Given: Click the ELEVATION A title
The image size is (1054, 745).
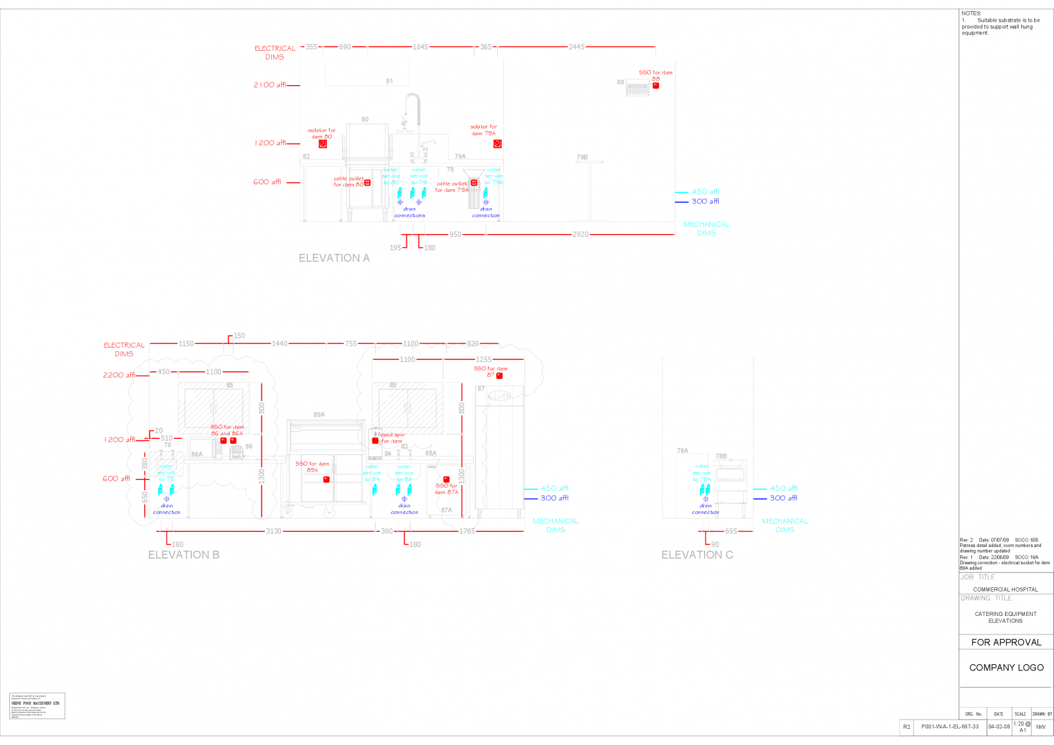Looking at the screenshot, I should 334,258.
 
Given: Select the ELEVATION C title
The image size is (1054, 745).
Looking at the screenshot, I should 697,555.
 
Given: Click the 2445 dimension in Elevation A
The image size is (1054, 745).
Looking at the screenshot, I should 576,47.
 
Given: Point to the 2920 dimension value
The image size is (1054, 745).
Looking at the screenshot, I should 580,235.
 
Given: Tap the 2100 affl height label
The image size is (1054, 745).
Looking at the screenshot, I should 269,85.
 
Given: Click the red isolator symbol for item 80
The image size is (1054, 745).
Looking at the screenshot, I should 323,144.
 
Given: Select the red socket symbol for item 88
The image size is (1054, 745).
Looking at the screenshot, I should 655,86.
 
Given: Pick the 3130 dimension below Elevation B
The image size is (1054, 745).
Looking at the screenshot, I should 274,531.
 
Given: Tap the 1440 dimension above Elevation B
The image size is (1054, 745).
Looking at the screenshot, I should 279,344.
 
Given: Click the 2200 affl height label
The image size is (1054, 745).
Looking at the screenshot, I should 119,376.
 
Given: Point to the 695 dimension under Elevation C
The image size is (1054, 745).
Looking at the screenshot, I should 731,531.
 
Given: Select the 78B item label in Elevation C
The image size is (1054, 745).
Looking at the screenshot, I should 721,456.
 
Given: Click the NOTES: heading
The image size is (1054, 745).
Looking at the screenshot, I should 971,14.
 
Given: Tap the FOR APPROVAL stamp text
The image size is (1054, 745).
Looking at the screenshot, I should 1006,643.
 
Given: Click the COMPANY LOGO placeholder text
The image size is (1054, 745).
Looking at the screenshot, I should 1006,668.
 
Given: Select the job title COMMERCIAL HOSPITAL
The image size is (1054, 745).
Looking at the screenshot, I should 1006,590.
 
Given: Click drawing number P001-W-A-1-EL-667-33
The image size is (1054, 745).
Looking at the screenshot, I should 950,727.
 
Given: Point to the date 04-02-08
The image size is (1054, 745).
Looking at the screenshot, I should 999,727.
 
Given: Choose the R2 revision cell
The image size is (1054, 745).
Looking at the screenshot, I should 907,727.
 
